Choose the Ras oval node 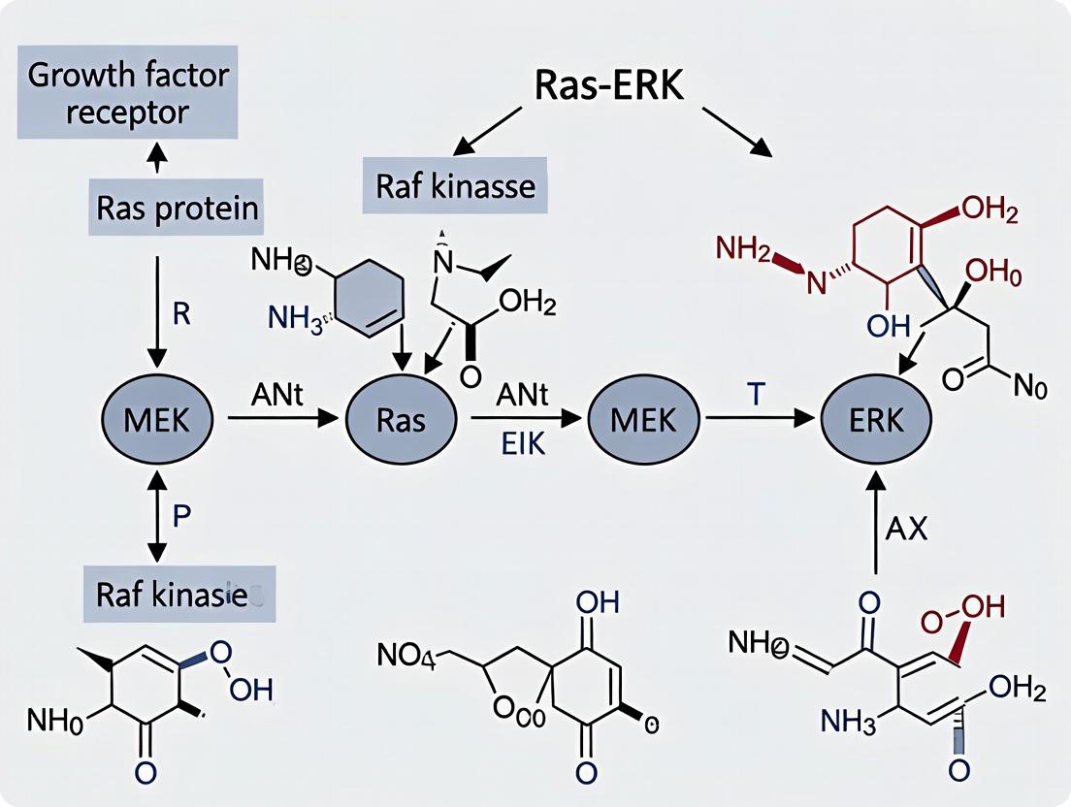[401, 419]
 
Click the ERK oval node [876, 419]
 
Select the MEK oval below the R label [156, 419]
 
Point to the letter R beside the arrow [182, 315]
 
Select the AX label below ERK [908, 530]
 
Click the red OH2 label [988, 210]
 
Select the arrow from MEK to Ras [281, 419]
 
